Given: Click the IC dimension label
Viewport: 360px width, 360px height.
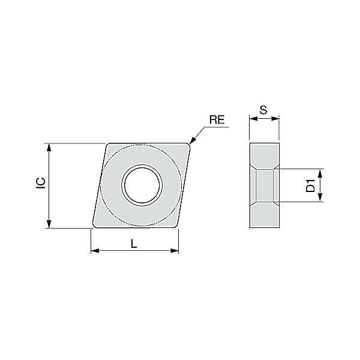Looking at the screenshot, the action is pyautogui.click(x=41, y=184).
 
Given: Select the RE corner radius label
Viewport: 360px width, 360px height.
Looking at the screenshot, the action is pyautogui.click(x=217, y=119).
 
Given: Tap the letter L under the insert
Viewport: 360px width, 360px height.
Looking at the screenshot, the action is pyautogui.click(x=134, y=244).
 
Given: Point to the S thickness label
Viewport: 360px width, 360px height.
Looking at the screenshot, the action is pyautogui.click(x=263, y=110).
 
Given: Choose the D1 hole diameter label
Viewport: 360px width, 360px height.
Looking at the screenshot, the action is pyautogui.click(x=310, y=186).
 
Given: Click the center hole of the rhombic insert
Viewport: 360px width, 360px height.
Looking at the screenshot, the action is pyautogui.click(x=142, y=185).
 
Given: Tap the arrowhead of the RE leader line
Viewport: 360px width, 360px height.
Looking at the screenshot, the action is pyautogui.click(x=192, y=141).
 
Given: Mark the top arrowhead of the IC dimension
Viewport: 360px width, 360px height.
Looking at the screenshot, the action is pyautogui.click(x=49, y=148).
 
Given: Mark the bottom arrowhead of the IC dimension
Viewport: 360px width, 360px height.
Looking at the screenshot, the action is pyautogui.click(x=49, y=224).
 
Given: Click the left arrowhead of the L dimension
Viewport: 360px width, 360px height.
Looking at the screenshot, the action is pyautogui.click(x=95, y=250).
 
